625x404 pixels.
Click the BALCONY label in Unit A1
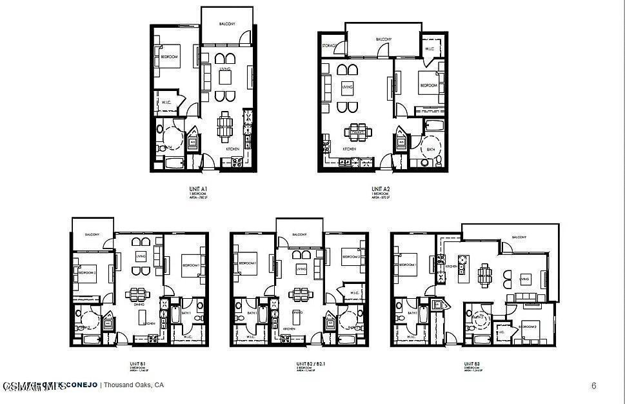click(x=226, y=23)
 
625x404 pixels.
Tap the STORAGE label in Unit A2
click(x=329, y=45)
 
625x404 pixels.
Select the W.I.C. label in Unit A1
click(x=166, y=102)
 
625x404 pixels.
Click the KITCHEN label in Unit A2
click(x=349, y=149)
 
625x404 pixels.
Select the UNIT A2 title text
click(x=381, y=189)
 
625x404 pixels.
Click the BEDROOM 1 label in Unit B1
click(x=190, y=265)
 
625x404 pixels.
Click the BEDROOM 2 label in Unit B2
click(x=351, y=256)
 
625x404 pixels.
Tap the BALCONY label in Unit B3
click(x=519, y=237)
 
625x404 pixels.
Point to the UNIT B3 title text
click(x=469, y=364)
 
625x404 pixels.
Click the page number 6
click(x=593, y=386)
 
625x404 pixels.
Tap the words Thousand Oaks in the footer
click(x=128, y=385)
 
